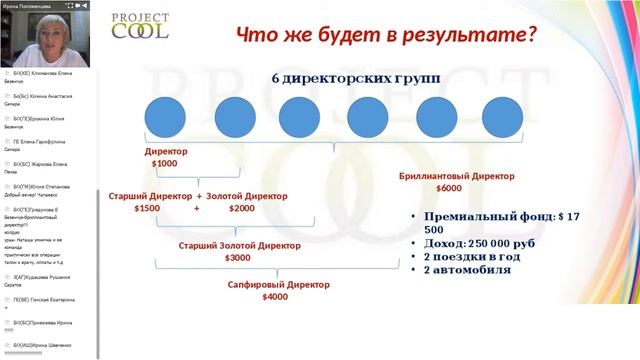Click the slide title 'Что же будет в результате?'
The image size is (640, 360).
pos(386,35)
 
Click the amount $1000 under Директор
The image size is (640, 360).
pos(164,163)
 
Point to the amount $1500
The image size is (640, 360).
pos(147,208)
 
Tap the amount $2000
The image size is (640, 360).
pos(241,208)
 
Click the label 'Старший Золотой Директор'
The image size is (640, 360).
pos(238,245)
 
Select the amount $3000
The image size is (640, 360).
pos(238,258)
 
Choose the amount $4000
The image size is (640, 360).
pos(275,297)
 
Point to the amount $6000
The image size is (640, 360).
pos(449,187)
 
